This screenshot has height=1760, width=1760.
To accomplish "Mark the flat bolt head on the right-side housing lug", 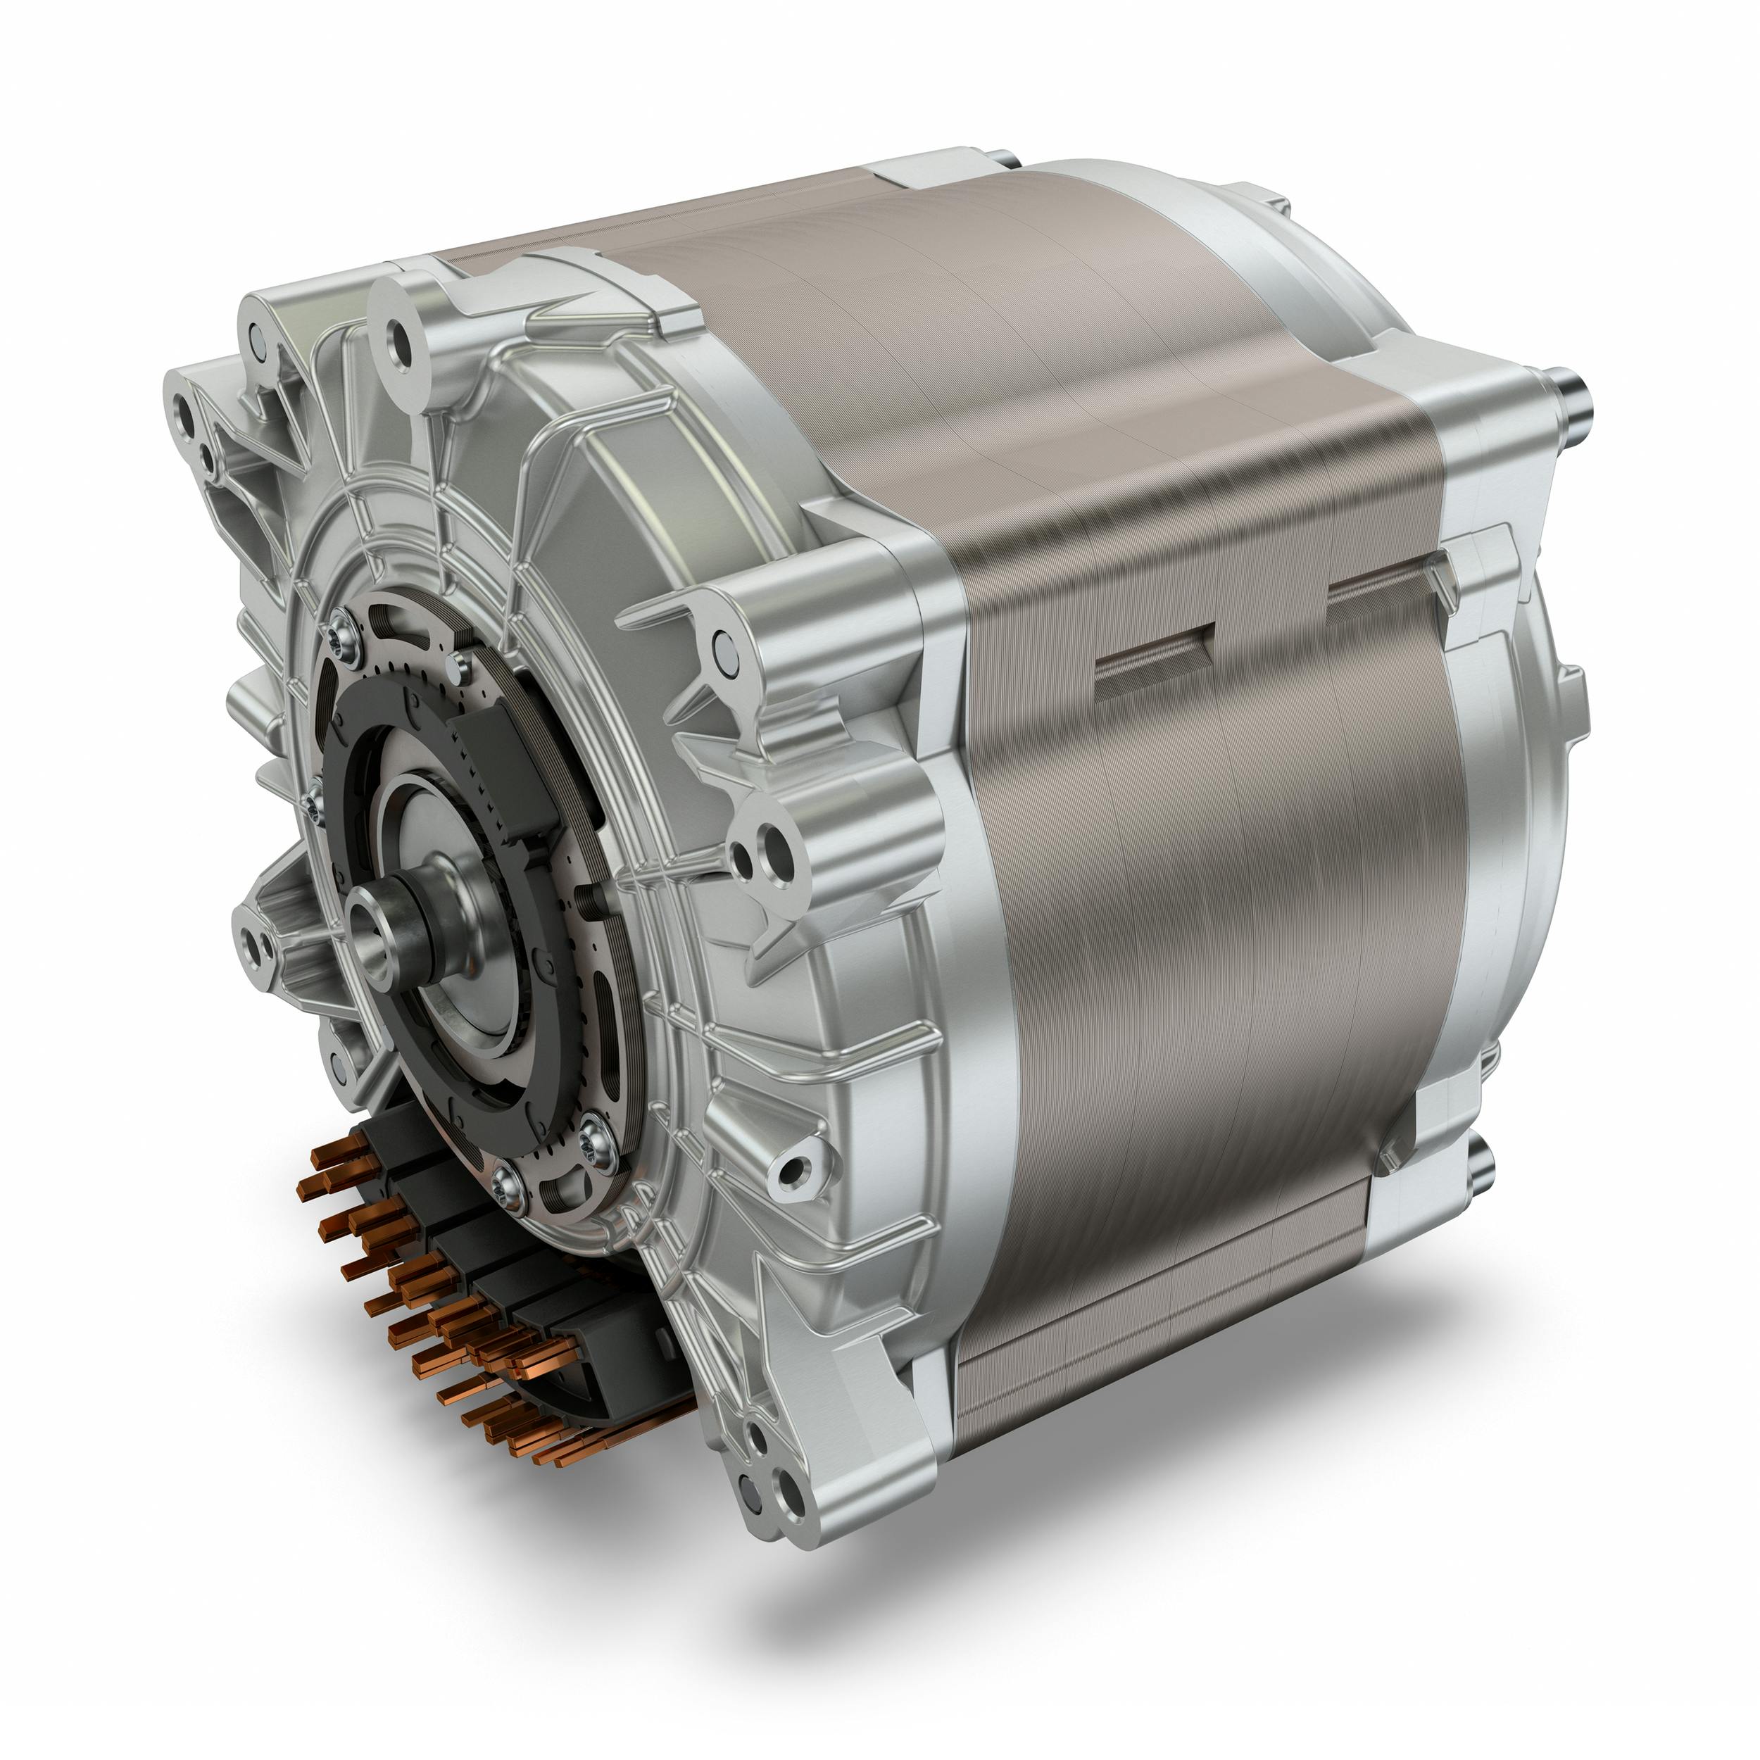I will coord(725,647).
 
